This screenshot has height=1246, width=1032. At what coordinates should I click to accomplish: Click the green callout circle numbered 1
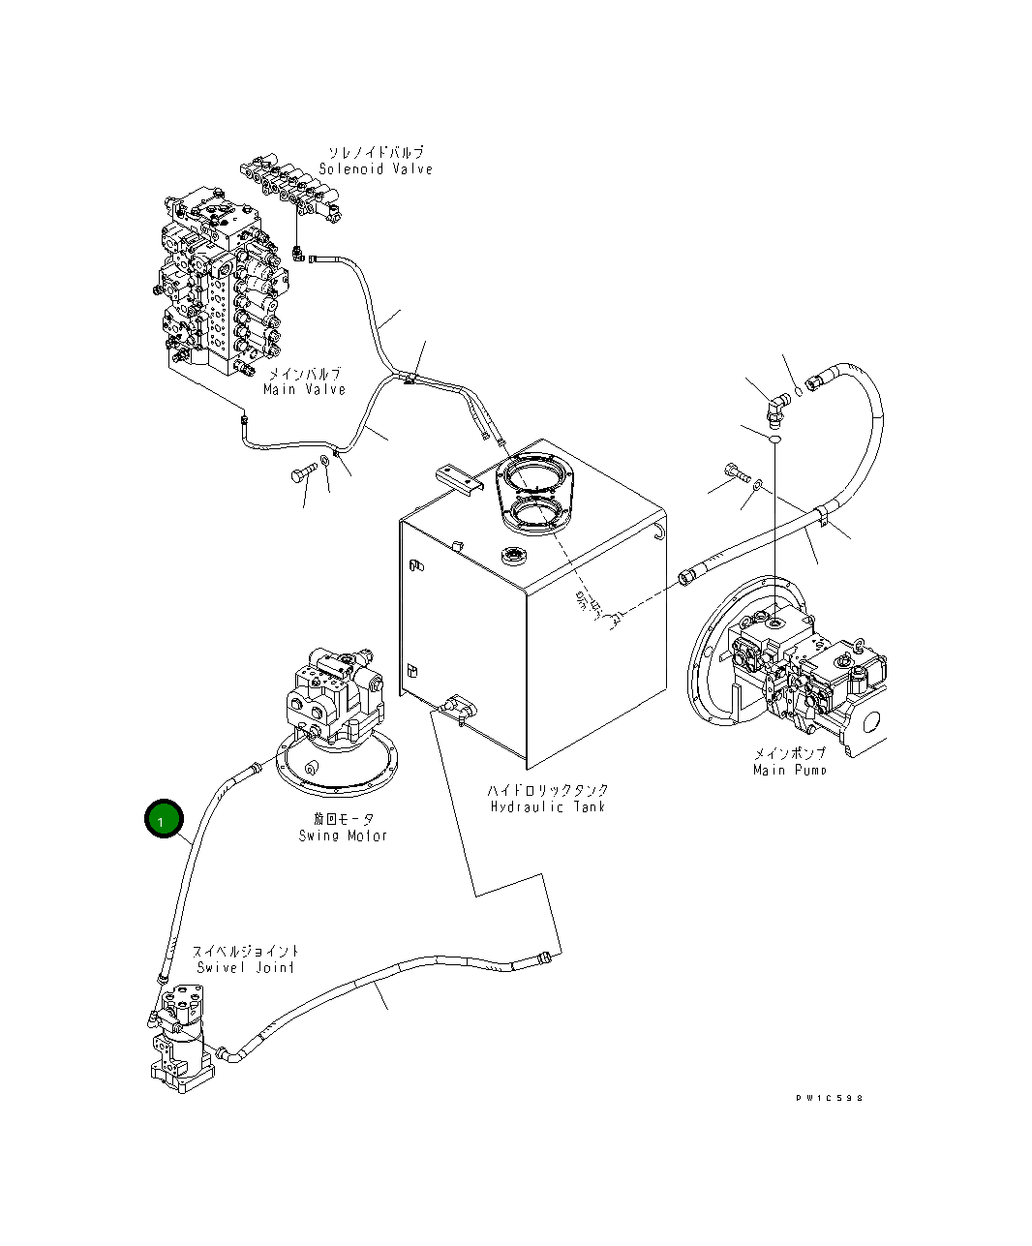click(163, 820)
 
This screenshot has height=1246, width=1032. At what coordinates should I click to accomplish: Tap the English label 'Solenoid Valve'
click(376, 169)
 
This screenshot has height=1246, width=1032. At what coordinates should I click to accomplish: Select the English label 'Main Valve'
click(304, 389)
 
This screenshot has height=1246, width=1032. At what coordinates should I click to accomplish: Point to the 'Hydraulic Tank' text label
click(548, 806)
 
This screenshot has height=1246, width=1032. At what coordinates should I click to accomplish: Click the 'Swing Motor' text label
click(343, 836)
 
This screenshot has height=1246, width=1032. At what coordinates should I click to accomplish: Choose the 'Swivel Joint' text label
click(248, 967)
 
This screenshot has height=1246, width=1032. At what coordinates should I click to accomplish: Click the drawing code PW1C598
click(829, 1098)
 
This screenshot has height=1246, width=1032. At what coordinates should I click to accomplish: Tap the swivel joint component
click(181, 1041)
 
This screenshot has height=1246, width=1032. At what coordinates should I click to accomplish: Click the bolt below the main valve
click(301, 474)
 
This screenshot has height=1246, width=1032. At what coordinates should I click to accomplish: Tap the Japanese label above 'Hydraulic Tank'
click(548, 790)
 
